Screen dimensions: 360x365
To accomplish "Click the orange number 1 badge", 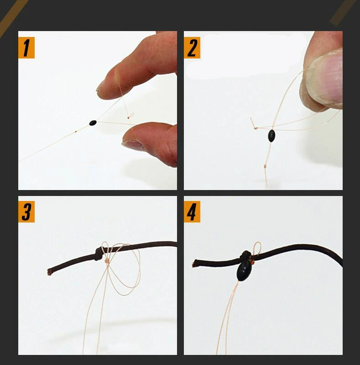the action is [26, 48].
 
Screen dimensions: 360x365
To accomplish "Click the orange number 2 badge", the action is [192, 48].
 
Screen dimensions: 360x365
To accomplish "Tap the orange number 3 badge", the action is [26, 212].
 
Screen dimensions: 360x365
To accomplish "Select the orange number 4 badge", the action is [192, 212].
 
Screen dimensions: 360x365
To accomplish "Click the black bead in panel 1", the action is [93, 123].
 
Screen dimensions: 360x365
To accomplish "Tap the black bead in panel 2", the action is [271, 136].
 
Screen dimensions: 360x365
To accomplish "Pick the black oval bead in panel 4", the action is [244, 271].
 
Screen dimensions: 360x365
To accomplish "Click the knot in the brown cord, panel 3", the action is [99, 254].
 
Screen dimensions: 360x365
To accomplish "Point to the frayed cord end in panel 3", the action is [49, 272].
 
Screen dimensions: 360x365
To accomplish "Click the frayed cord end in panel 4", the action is [194, 264].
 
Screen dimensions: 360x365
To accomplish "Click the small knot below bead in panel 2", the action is [265, 166].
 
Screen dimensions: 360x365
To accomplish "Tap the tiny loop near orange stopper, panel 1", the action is [131, 115].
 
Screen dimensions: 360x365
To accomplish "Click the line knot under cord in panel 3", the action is [107, 261].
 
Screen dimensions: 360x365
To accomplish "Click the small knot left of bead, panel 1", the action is [76, 132].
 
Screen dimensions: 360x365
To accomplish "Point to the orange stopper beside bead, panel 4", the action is [253, 262].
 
